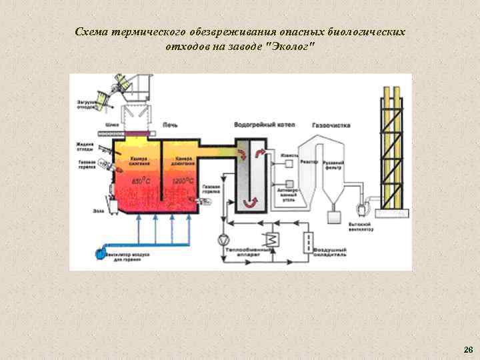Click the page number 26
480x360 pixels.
point(468,349)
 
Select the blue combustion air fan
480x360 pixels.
point(100,253)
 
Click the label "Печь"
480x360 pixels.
point(169,125)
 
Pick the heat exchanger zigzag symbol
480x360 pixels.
point(271,240)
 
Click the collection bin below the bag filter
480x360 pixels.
point(333,217)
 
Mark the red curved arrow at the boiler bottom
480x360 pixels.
point(251,204)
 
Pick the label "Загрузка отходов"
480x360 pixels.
point(86,104)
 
